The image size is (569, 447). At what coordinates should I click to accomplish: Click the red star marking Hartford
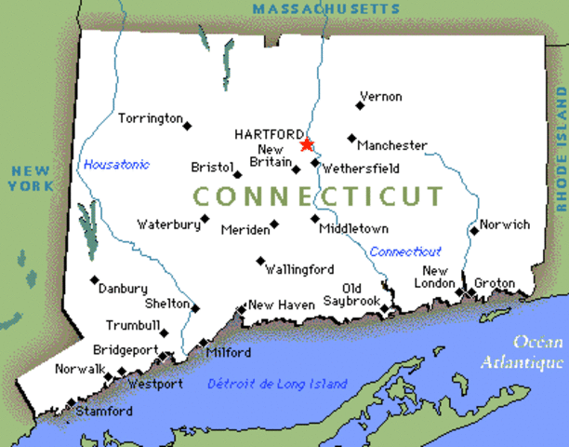(307, 144)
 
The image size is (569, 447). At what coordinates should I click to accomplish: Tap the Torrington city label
(150, 118)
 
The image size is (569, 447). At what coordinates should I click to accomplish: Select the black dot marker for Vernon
(360, 105)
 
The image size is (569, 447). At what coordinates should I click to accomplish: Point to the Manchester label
(392, 145)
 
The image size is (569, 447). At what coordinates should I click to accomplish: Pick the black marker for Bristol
(238, 174)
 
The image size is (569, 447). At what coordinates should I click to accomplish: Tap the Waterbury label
(168, 223)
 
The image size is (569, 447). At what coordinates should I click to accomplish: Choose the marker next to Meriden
(274, 224)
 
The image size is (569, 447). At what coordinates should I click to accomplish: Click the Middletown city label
(353, 228)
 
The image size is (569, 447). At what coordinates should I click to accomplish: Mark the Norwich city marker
(473, 230)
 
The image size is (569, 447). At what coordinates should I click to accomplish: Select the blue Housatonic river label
(116, 165)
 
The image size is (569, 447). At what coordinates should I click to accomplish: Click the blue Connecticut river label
(405, 251)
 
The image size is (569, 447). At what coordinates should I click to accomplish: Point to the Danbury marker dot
(94, 278)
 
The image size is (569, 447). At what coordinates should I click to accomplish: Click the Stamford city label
(104, 411)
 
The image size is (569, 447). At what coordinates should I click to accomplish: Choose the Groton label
(494, 282)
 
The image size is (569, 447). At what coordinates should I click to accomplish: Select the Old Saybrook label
(351, 294)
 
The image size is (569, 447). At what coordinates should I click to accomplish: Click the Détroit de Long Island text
(277, 384)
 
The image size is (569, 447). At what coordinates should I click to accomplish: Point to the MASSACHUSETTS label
(325, 8)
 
